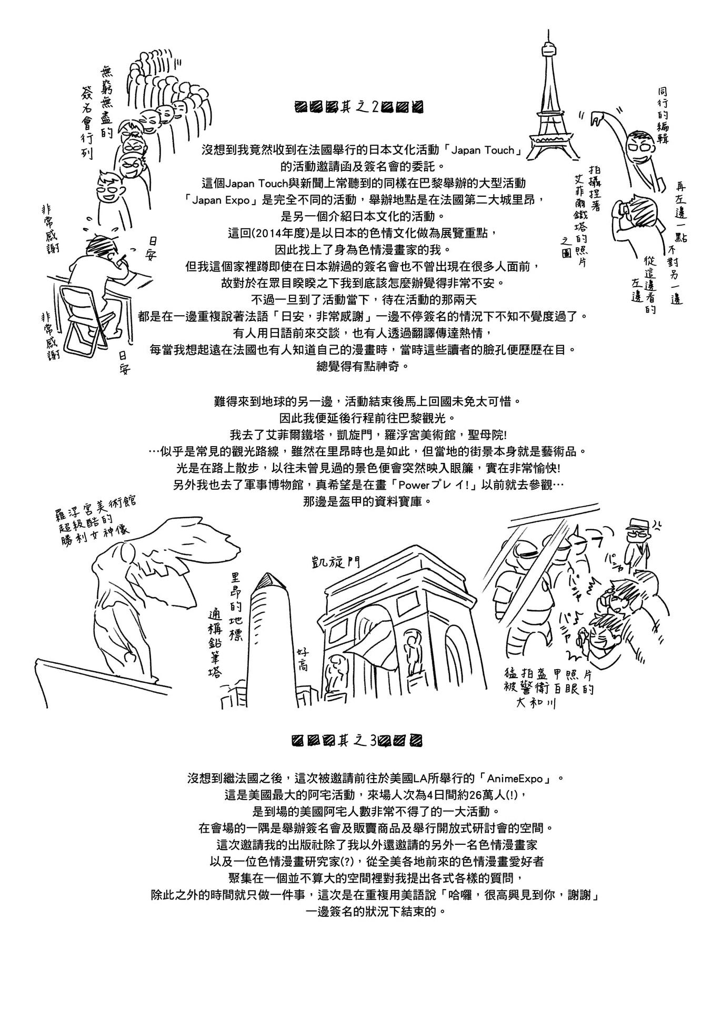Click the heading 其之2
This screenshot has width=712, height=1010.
[x=359, y=107]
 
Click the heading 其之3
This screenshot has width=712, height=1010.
[x=357, y=741]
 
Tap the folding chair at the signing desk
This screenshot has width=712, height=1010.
[x=84, y=316]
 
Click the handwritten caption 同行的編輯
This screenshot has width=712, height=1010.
[x=663, y=116]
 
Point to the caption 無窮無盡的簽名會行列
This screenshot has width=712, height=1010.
[x=97, y=110]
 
